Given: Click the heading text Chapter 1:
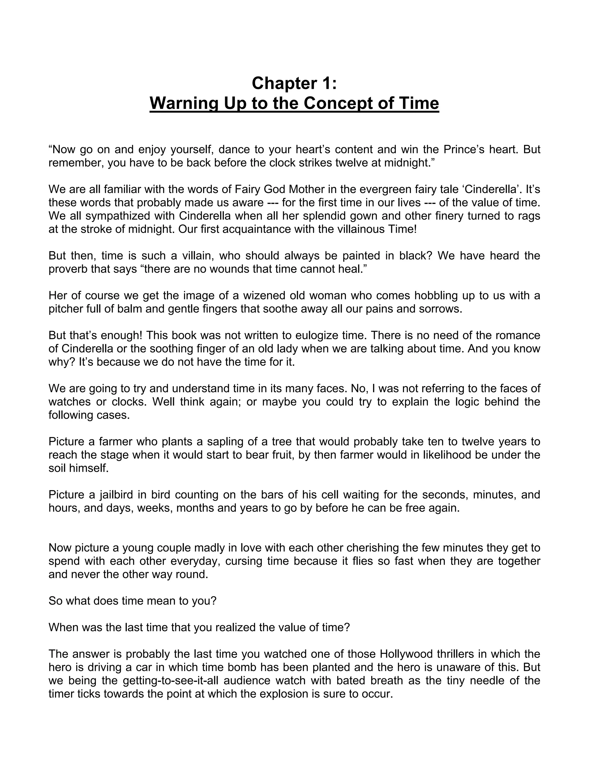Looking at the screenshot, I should [294, 83].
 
